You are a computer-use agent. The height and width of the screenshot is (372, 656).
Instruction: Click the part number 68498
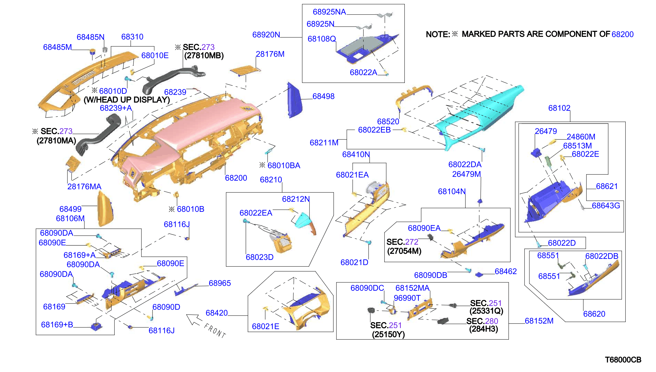click(323, 96)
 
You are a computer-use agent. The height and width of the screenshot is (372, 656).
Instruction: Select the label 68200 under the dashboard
click(236, 178)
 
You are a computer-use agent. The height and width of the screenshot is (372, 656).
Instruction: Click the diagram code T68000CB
click(623, 360)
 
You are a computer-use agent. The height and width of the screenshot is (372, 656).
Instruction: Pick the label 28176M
click(270, 54)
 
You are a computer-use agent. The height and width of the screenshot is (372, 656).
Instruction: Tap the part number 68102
click(559, 108)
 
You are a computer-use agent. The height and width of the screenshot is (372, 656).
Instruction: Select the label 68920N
click(266, 35)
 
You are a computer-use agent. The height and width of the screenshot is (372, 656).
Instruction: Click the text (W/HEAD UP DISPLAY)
click(127, 100)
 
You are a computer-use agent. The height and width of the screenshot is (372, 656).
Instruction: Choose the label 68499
click(70, 209)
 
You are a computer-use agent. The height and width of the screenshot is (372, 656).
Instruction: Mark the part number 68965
click(220, 283)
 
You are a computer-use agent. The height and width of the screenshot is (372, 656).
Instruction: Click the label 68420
click(217, 313)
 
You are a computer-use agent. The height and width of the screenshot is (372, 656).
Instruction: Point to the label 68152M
click(539, 321)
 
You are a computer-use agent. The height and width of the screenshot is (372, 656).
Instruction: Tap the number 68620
click(594, 314)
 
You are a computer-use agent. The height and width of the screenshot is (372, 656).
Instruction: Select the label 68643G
click(606, 205)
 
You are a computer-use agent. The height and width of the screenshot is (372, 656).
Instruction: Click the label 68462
click(506, 271)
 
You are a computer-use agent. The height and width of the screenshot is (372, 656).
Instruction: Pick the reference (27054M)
click(404, 251)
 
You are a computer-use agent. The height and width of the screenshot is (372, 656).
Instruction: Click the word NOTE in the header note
click(438, 34)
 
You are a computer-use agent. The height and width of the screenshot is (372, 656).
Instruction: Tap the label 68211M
click(324, 143)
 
